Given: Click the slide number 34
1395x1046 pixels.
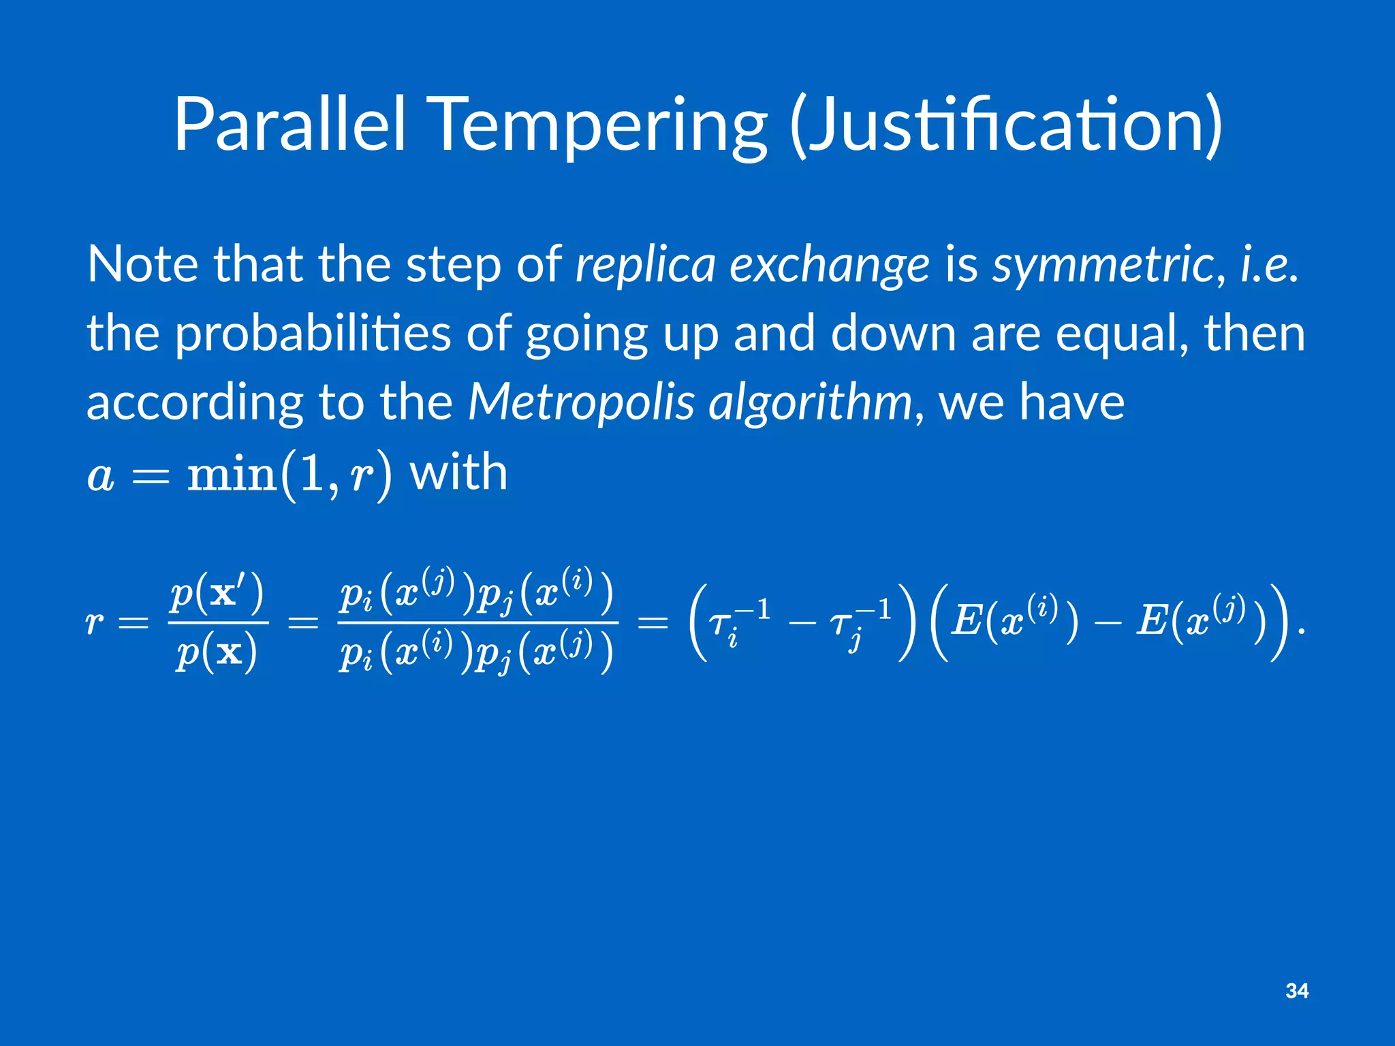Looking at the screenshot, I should tap(1297, 991).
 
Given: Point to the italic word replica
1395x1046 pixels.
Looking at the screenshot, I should tap(645, 266).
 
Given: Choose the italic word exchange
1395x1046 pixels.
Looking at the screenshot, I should tap(829, 266).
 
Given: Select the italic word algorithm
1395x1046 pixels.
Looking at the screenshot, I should tap(810, 403).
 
